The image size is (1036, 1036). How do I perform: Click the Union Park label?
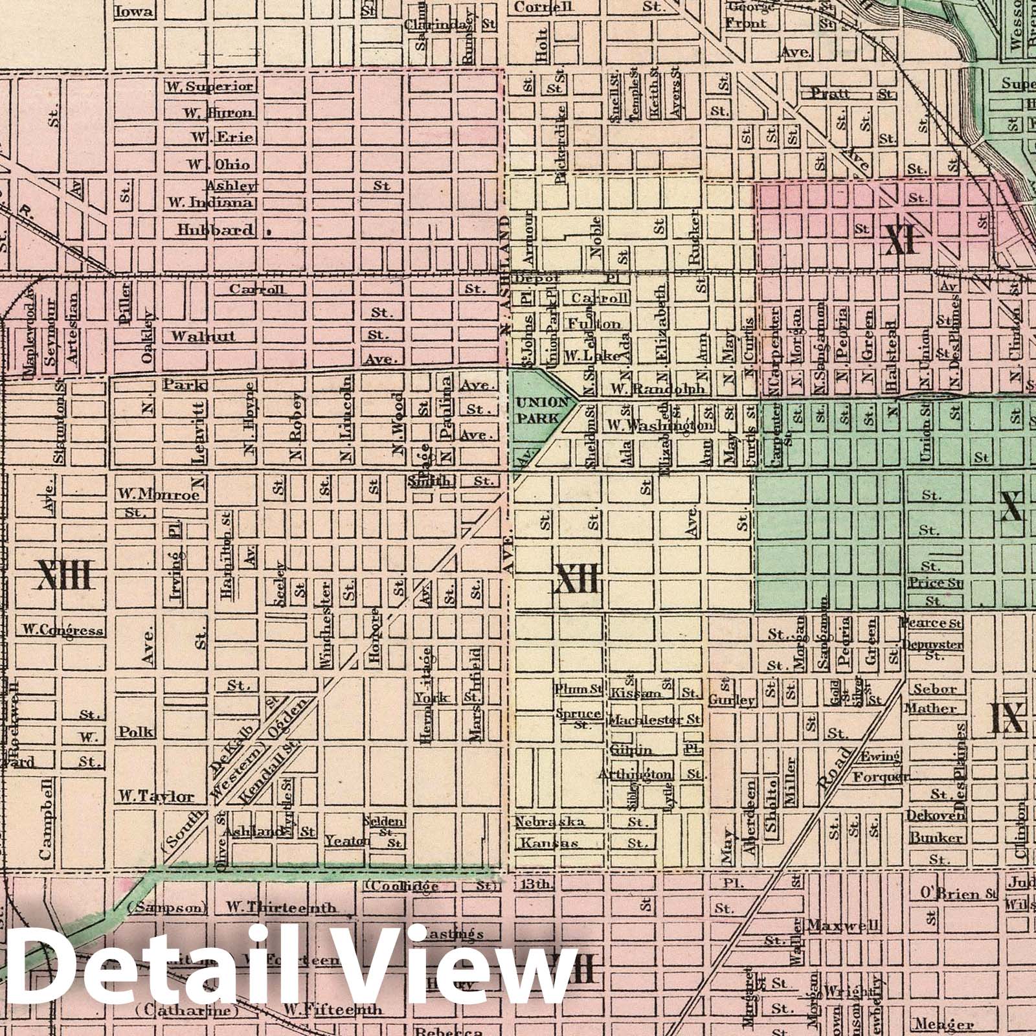tap(537, 411)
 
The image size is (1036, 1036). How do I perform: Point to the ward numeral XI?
tap(902, 242)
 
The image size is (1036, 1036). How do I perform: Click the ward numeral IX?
tap(1008, 717)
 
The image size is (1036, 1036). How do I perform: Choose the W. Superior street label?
tap(209, 87)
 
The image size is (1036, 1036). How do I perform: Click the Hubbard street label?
tap(216, 229)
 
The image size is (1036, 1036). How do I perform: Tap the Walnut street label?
tap(194, 336)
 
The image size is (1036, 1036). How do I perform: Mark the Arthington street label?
tap(635, 774)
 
